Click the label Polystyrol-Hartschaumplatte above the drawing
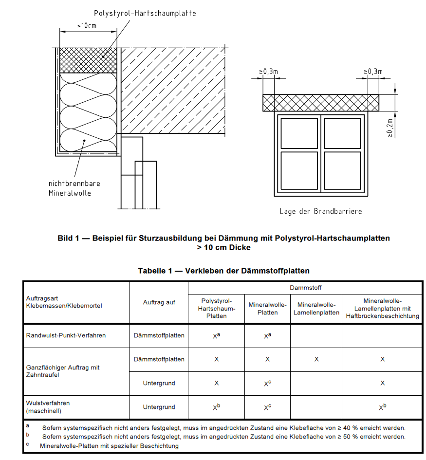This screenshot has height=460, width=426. point(145,14)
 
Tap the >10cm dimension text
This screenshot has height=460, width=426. point(87,25)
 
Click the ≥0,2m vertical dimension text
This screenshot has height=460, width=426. point(390,128)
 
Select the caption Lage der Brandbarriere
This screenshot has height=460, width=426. point(320,211)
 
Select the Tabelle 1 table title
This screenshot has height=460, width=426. point(223,271)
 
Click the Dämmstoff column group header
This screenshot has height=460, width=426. point(305,288)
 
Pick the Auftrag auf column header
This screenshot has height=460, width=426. point(159,302)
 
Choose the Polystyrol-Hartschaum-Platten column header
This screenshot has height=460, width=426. point(216,308)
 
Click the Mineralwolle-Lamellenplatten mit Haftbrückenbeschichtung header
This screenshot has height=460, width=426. point(382,308)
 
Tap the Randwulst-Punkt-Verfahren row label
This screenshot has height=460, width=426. point(66,335)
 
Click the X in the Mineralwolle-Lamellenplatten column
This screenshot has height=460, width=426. point(316,359)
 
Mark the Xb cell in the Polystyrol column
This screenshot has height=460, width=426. point(217,407)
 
